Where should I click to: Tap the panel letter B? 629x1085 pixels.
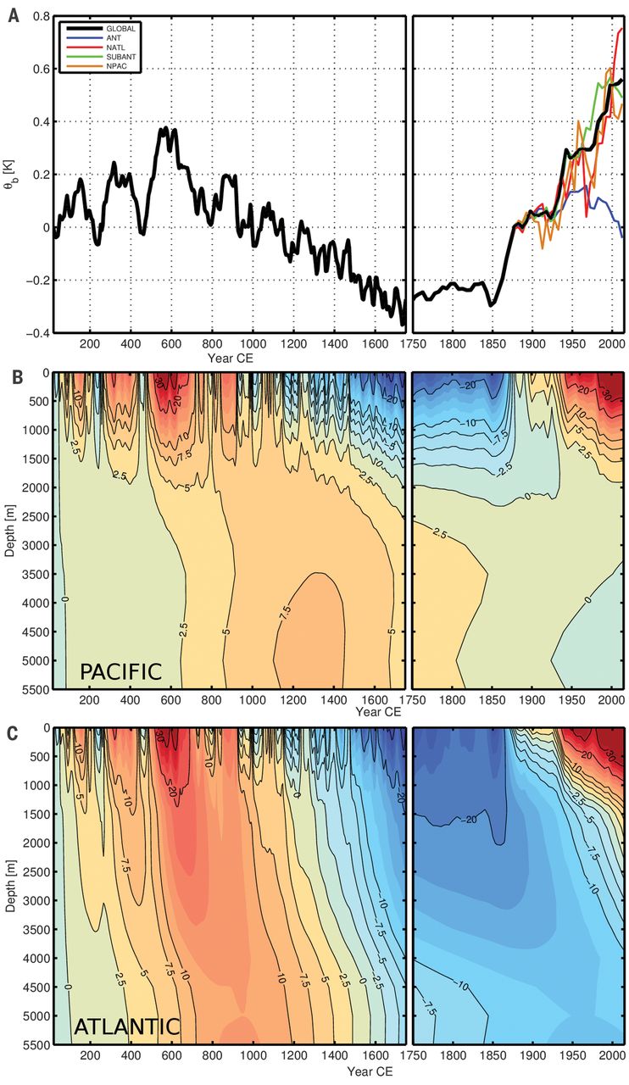pos(13,374)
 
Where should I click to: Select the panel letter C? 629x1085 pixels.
pos(13,731)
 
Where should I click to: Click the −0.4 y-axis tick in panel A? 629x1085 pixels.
pos(36,333)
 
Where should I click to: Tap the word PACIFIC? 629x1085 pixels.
pos(120,672)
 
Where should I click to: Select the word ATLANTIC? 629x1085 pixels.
pos(126,1027)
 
